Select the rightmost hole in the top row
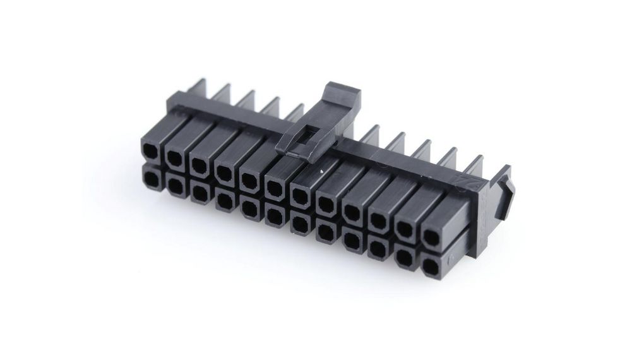click(x=432, y=237)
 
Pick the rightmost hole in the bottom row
click(x=431, y=265)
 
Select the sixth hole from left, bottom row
click(x=273, y=216)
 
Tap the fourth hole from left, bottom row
click(x=224, y=201)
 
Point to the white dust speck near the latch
click(x=321, y=171)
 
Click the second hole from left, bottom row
click(x=175, y=186)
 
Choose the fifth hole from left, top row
click(x=249, y=180)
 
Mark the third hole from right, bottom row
click(x=378, y=248)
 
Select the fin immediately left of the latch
click(x=294, y=114)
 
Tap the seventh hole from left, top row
click(x=301, y=195)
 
